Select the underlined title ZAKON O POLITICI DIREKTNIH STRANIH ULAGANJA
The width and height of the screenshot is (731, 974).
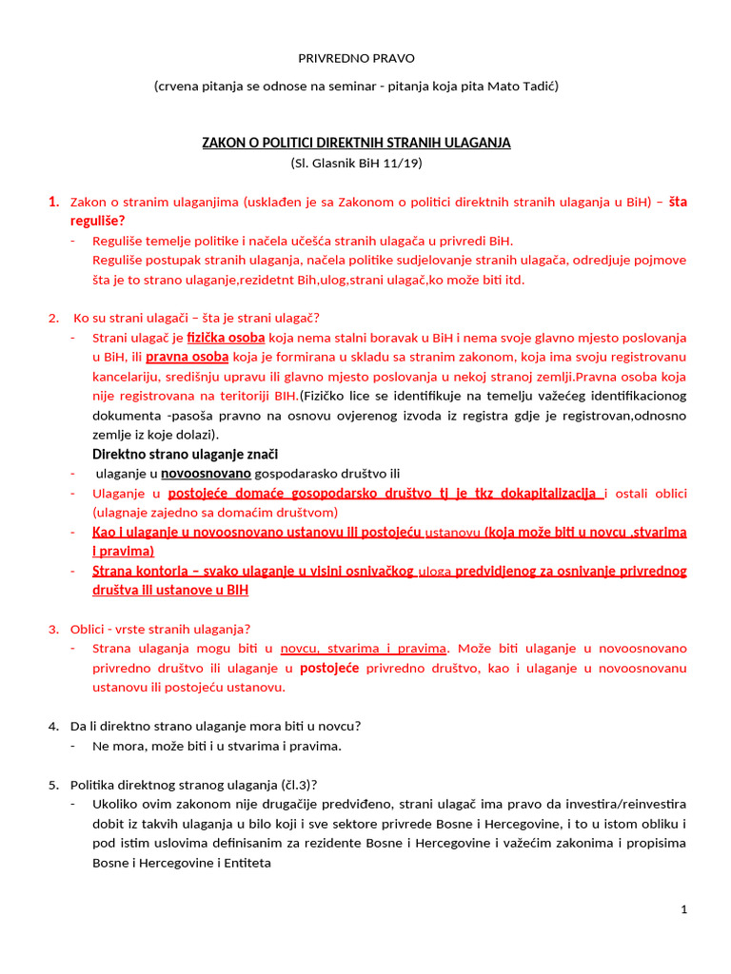pos(356,143)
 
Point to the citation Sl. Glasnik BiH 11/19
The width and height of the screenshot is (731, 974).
pos(356,163)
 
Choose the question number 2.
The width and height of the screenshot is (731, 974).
pos(53,318)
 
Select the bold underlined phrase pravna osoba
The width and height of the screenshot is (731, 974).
pos(188,357)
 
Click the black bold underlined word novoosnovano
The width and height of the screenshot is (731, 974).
pos(206,474)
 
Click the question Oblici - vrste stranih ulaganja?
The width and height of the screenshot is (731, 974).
pos(160,629)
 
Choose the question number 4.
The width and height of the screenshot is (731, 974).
pos(53,727)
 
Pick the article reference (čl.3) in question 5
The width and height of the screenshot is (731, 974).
pos(296,785)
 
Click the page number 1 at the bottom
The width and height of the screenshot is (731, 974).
pos(683,910)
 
